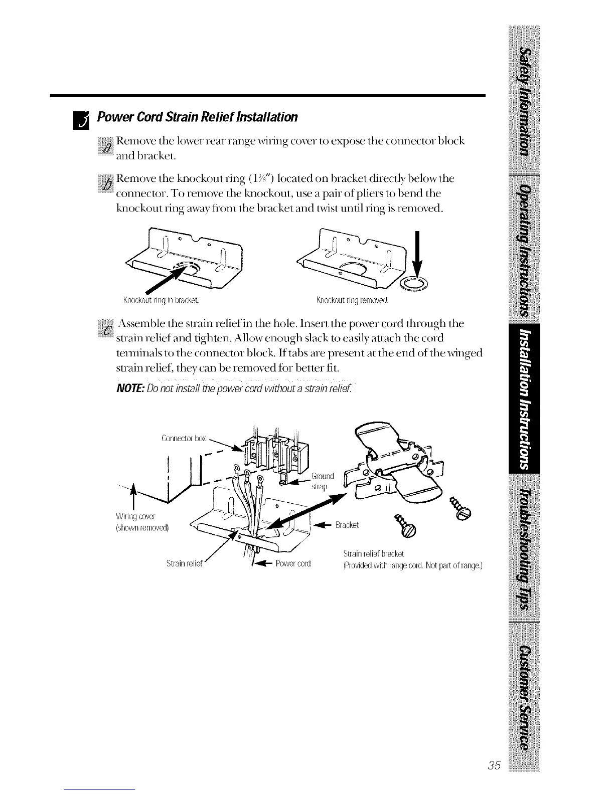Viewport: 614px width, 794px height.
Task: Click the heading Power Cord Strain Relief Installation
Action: pos(198,117)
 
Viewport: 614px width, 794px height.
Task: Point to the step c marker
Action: pos(106,328)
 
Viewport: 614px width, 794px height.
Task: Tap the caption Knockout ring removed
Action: pos(353,301)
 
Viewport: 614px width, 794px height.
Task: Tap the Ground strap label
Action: pos(323,481)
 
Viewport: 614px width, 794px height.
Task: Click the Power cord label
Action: pos(293,563)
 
